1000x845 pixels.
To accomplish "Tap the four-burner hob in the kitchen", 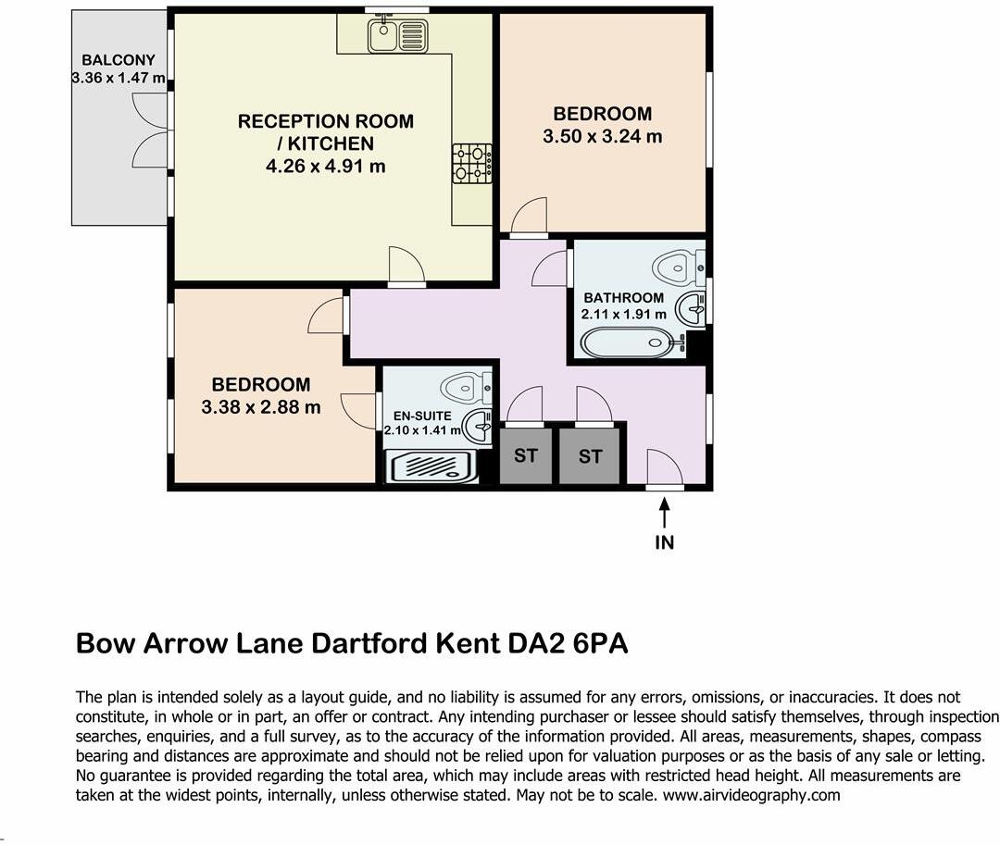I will point(472,163).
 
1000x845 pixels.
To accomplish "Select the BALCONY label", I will point(119,61).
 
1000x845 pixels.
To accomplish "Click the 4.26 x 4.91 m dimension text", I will point(326,167).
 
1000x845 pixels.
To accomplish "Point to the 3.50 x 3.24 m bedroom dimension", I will point(603,137).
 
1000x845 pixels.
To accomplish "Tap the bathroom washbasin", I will point(691,307).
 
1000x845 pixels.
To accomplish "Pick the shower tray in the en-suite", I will point(431,466).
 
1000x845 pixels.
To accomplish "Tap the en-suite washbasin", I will point(480,427).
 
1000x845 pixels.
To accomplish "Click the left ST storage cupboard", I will point(526,455).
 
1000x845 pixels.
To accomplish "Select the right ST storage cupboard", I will point(590,455).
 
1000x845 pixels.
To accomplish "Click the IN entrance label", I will point(664,542).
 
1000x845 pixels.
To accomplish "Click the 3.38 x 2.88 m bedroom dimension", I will point(261,407).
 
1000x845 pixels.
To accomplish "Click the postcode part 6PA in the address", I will point(597,643).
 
